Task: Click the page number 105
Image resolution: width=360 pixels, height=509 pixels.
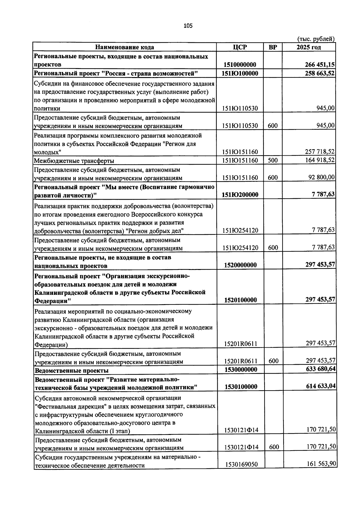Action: (188, 26)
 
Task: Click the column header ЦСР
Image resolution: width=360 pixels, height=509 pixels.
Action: (240, 47)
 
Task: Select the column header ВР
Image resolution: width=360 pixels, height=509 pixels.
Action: (273, 47)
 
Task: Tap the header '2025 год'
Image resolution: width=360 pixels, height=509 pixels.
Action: (309, 47)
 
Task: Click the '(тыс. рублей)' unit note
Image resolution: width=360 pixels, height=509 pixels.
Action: (316, 39)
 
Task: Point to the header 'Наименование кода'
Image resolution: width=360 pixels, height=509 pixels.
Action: (124, 47)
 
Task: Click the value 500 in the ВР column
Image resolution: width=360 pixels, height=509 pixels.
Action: (273, 160)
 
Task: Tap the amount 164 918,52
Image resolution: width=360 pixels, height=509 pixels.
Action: (320, 160)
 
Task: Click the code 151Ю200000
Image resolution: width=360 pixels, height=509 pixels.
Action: (240, 195)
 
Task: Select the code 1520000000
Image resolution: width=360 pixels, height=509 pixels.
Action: (240, 265)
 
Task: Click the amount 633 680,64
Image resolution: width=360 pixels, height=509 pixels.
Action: (321, 369)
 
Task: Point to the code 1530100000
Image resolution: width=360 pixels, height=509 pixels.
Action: (241, 387)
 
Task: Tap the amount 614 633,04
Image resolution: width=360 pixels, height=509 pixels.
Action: (321, 386)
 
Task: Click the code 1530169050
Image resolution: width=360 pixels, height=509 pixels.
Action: (241, 465)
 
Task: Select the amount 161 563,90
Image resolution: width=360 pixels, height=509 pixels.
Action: (321, 464)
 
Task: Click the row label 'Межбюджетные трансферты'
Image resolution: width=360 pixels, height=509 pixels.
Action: (74, 161)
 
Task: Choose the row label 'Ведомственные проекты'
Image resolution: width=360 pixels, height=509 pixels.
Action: (72, 370)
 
